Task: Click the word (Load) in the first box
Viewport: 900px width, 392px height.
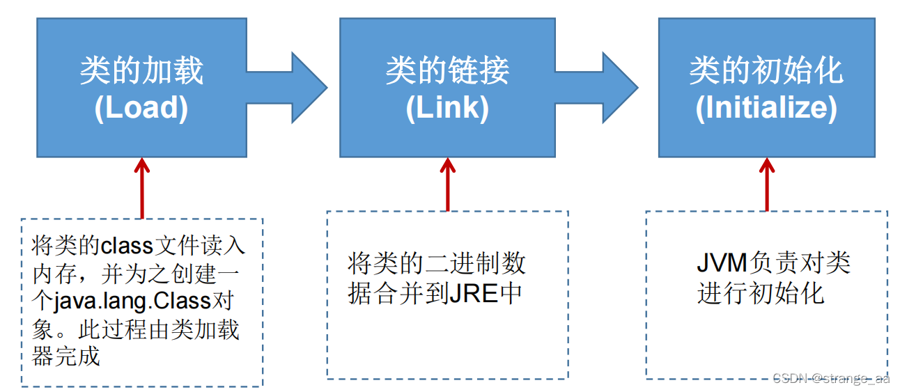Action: [141, 109]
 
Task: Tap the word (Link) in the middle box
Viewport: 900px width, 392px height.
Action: [447, 109]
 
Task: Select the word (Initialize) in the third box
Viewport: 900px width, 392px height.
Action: [766, 109]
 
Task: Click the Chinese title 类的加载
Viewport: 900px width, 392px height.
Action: [141, 71]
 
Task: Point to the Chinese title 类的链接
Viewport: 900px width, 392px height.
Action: [447, 71]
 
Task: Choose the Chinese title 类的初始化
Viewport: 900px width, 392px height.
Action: [766, 71]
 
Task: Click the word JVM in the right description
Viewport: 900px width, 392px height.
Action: [722, 264]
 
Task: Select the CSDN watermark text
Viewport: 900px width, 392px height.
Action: [830, 378]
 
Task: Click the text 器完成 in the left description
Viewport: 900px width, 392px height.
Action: [67, 356]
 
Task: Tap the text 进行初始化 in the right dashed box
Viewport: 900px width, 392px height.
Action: [761, 293]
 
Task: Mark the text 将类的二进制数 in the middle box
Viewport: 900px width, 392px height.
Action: [437, 264]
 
